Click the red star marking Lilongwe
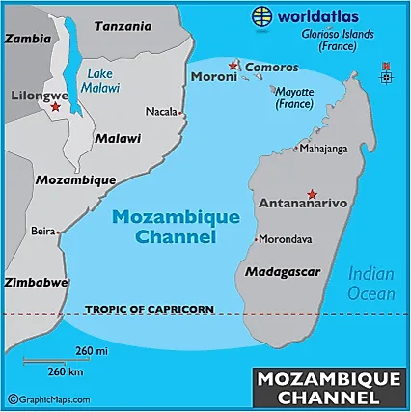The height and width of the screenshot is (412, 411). (54, 108)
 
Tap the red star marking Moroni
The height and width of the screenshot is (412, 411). (233, 65)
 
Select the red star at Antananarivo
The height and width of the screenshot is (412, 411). (311, 192)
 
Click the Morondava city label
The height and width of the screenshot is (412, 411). (288, 239)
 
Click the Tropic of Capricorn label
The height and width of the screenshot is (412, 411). (149, 309)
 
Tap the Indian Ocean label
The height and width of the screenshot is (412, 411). (371, 284)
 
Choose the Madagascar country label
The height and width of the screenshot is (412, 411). (283, 273)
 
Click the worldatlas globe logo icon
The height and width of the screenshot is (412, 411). (260, 15)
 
